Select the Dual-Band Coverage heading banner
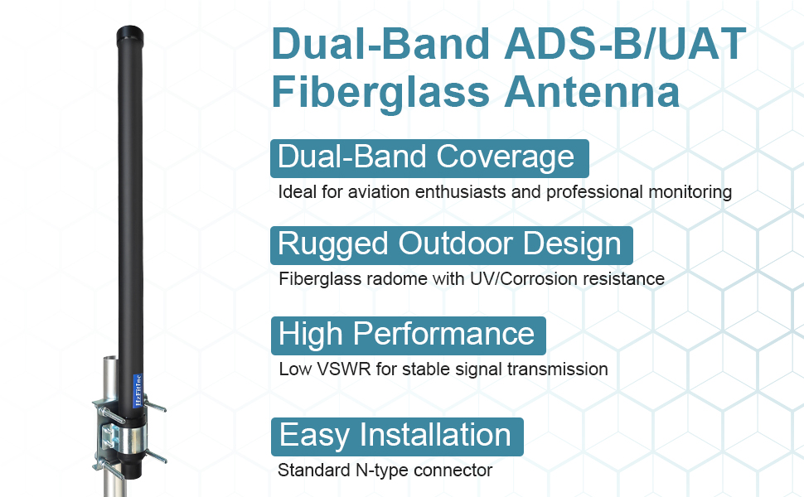coord(429,157)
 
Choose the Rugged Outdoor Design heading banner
coord(451,245)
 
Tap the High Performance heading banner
coord(408,335)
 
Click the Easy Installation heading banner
coord(396,436)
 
